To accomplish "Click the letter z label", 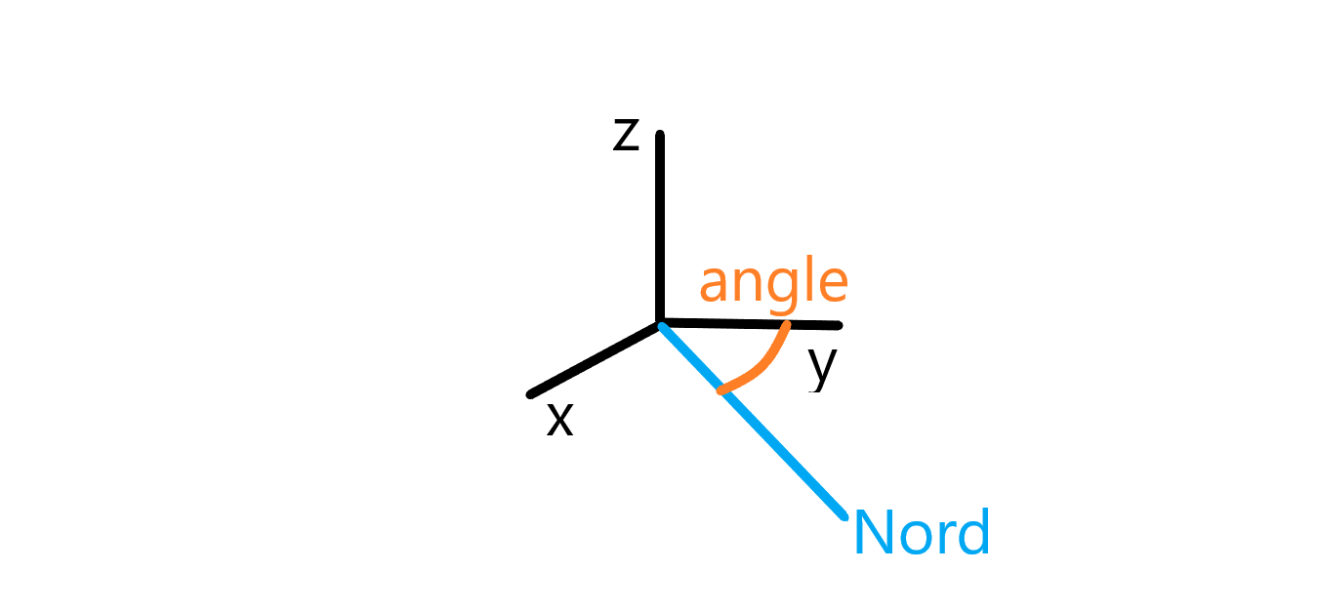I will pos(626,137).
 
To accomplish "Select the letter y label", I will pos(823,367).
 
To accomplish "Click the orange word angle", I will pos(773,283).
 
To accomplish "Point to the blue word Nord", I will pos(922,533).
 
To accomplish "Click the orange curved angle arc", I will pos(762,367).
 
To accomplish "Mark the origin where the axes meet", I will pos(661,323).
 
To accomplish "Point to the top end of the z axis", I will pos(660,135).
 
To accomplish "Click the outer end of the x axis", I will pos(530,394).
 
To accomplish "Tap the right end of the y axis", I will pos(838,324).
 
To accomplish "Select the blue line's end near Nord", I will pos(844,514).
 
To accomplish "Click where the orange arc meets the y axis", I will pos(787,324).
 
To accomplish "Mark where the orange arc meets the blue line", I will pos(721,391).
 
